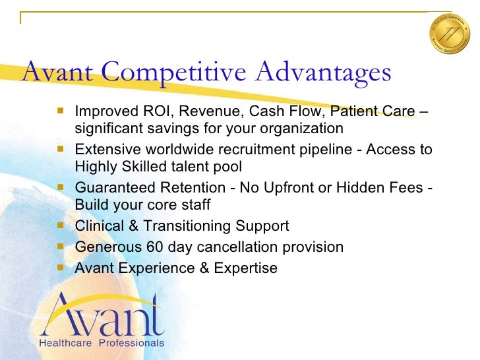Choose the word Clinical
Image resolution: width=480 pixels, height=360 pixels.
97,226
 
